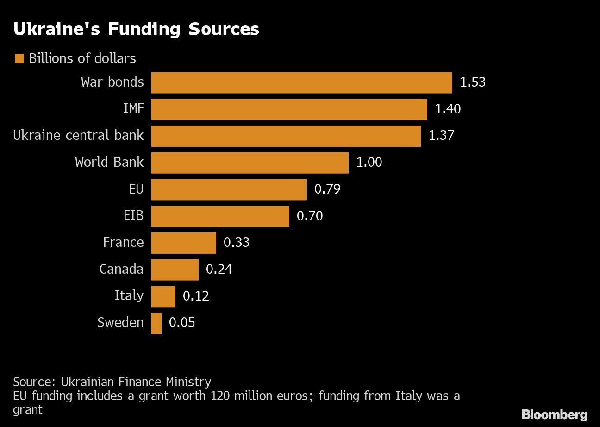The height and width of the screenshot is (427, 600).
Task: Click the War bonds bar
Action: [x=301, y=82]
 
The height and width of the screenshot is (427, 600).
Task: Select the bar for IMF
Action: [x=289, y=109]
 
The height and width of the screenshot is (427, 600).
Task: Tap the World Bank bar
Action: [x=250, y=163]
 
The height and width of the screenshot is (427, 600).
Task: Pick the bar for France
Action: [x=183, y=243]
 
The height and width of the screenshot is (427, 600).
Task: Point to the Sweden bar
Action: [x=156, y=323]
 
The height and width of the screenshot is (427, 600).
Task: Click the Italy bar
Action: [x=163, y=296]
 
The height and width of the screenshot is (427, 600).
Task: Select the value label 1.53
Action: [x=472, y=82]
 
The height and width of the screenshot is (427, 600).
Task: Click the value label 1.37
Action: [x=441, y=136]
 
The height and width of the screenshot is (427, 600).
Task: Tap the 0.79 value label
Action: [x=327, y=189]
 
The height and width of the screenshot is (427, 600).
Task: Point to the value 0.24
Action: [x=219, y=269]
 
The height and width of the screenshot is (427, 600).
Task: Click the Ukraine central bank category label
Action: [x=78, y=135]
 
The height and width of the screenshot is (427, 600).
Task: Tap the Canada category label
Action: [x=121, y=269]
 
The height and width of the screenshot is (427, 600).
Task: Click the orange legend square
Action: [x=19, y=58]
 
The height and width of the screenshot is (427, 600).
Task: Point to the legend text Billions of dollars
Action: [x=82, y=58]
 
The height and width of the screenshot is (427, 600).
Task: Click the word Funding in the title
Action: [x=146, y=29]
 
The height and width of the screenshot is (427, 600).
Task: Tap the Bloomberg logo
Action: [x=554, y=414]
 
